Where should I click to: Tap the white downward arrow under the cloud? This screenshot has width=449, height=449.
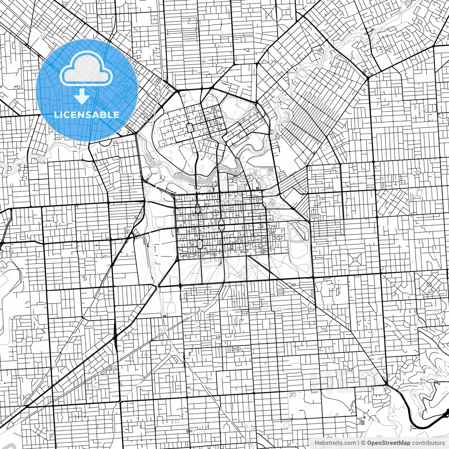(x=82, y=96)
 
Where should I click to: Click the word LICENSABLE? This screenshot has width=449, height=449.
(x=86, y=115)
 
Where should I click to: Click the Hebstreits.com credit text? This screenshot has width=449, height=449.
(x=335, y=443)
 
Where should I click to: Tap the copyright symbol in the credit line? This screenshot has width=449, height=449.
(x=363, y=443)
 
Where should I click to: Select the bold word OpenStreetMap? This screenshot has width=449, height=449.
(x=389, y=443)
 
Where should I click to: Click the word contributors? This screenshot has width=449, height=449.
(x=428, y=443)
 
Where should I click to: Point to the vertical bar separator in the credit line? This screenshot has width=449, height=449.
(x=358, y=443)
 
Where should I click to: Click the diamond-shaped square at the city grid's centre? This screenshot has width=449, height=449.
(x=221, y=222)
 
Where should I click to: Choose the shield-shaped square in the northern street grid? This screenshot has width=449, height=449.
(x=190, y=128)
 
